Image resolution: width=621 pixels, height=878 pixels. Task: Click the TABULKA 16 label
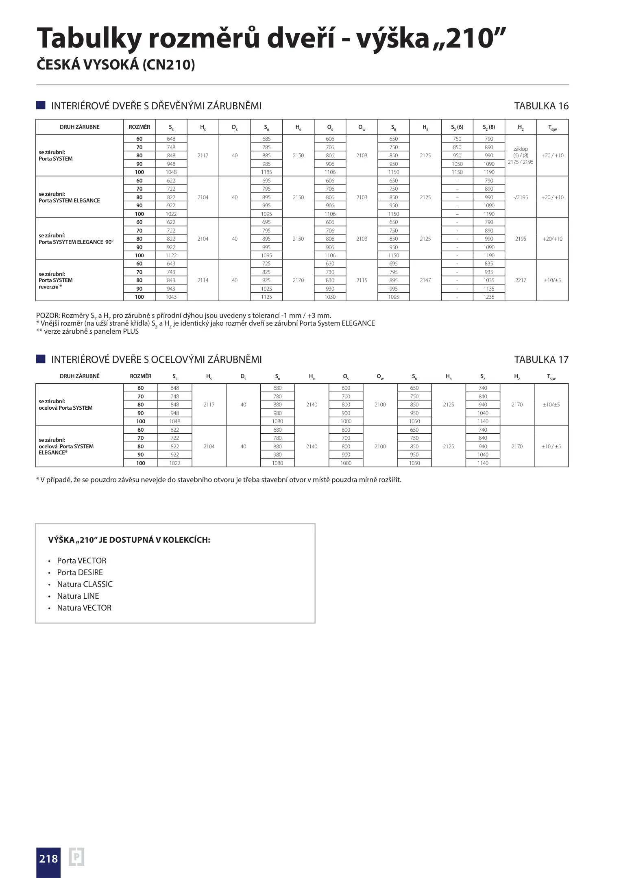coord(541,106)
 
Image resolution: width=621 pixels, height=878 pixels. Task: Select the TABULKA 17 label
coord(541,360)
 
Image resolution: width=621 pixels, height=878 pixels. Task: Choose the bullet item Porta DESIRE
coord(80,572)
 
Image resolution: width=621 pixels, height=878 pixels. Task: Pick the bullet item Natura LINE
coord(78,596)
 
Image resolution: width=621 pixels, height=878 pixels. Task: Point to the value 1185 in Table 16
coord(266,172)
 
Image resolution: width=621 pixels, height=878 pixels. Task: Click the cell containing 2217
coord(521,280)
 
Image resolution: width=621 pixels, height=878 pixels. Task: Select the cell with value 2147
coord(425,280)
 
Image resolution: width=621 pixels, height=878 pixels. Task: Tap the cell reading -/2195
coord(521,197)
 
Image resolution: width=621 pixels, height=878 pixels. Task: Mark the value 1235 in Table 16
coord(489,297)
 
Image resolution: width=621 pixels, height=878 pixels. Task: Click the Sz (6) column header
coord(457,127)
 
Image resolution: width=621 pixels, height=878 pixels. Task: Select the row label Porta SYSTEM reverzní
coord(56,280)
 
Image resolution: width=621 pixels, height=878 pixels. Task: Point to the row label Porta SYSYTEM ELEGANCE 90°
coord(76,242)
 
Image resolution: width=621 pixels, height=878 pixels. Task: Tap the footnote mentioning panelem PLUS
coord(87,331)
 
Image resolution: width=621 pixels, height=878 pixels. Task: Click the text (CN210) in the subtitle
coord(168,65)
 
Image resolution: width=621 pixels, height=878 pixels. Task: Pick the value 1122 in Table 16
coord(171,255)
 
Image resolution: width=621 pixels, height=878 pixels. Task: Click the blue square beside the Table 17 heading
coord(41,359)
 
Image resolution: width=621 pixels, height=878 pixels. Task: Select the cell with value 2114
coord(203,280)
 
